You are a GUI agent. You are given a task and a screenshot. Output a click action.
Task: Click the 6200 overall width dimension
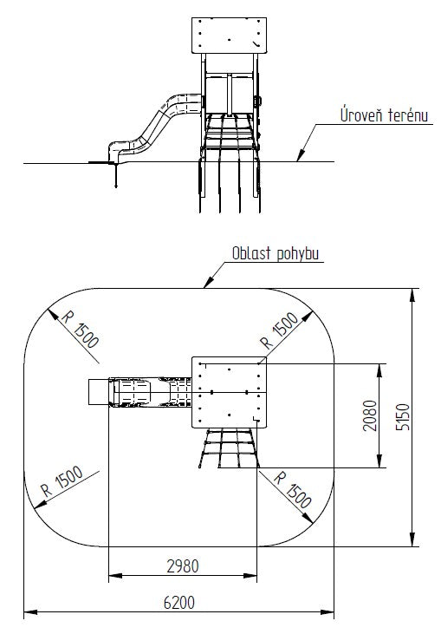pyautogui.click(x=179, y=603)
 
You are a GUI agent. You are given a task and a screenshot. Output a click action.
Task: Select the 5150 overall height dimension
pyautogui.click(x=403, y=417)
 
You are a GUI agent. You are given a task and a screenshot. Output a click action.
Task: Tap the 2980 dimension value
pyautogui.click(x=183, y=566)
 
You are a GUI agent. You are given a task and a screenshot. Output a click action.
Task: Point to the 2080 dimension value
pyautogui.click(x=370, y=415)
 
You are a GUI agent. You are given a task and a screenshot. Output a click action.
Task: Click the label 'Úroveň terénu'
pyautogui.click(x=384, y=115)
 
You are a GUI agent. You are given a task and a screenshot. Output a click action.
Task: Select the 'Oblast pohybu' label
pyautogui.click(x=276, y=253)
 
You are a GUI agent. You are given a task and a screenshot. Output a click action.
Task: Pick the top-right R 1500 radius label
pyautogui.click(x=280, y=330)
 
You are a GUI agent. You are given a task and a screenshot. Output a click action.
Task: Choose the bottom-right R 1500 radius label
pyautogui.click(x=293, y=489)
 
